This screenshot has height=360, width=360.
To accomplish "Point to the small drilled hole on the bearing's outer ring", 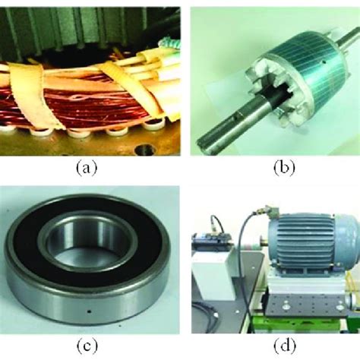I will click(x=90, y=311).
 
